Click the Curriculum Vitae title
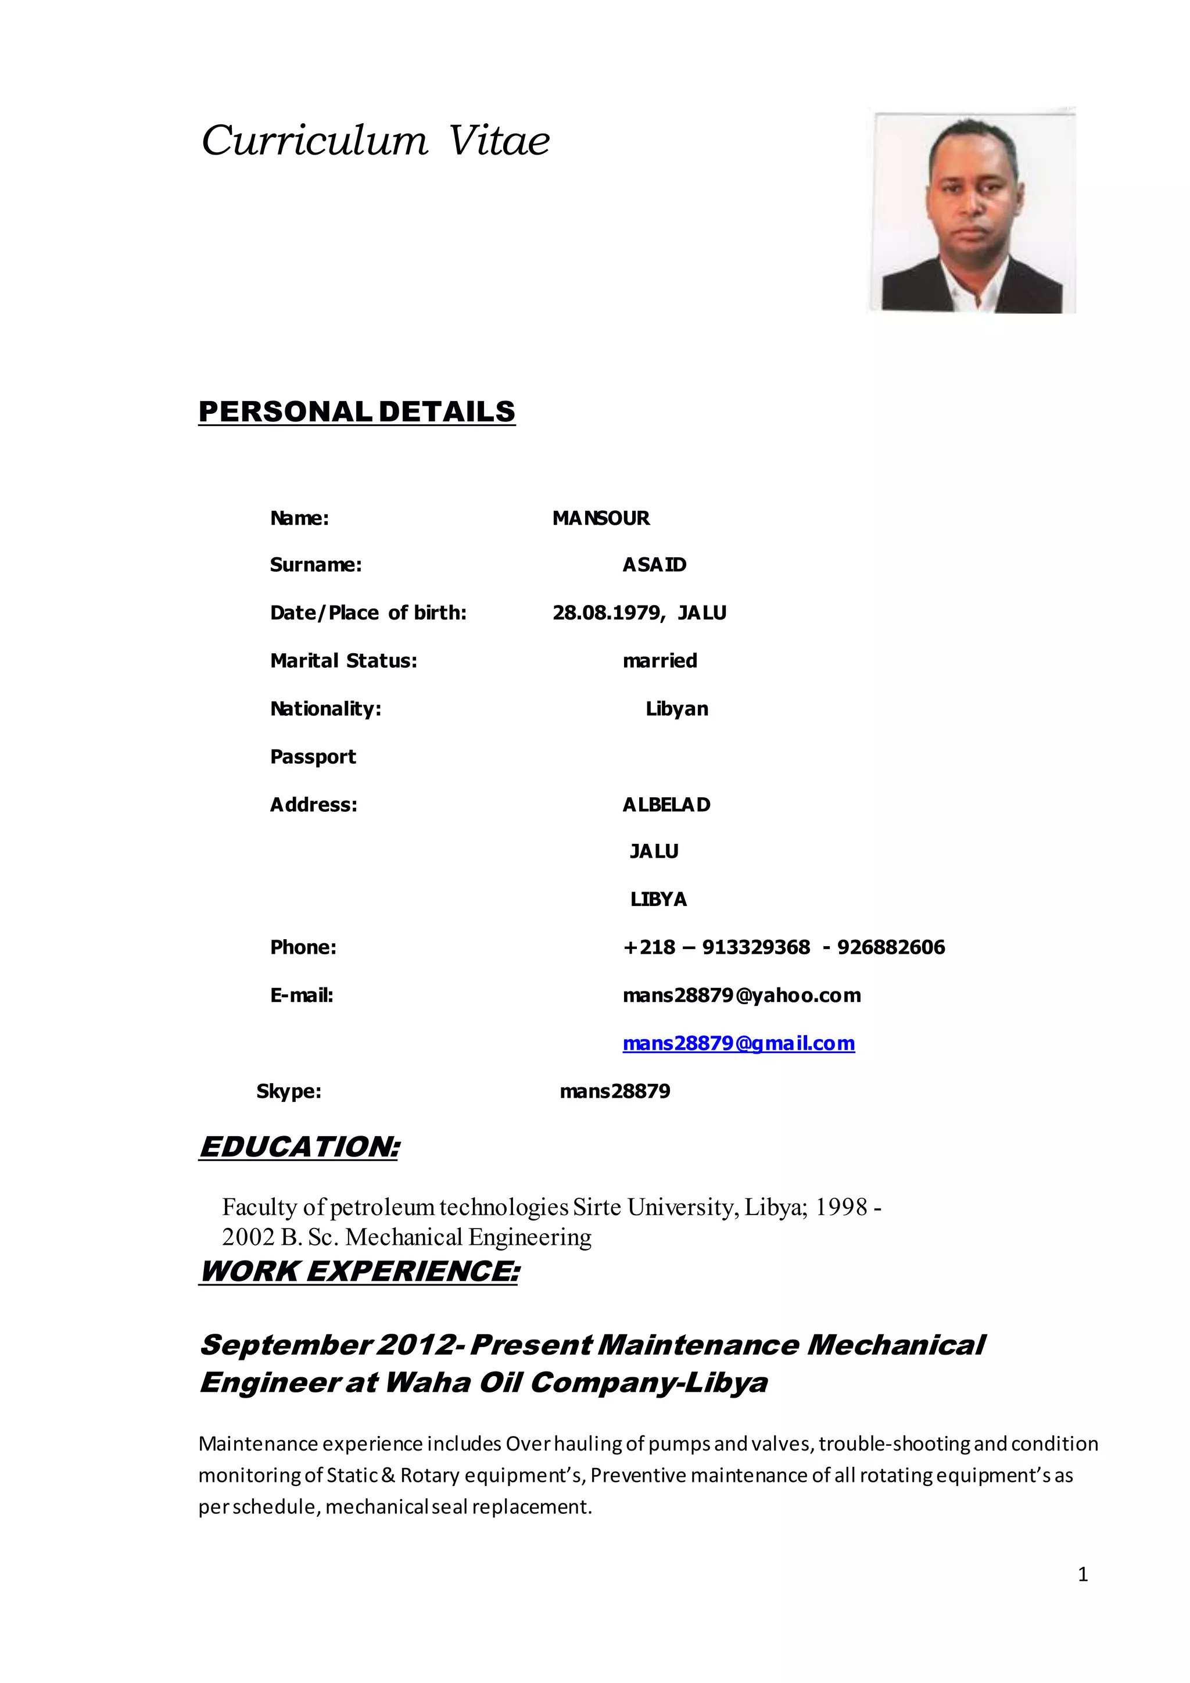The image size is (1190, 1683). coord(375,141)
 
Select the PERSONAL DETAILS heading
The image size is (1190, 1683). coord(357,412)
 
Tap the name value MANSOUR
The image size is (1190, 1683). coord(601,518)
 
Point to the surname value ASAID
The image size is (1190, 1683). coord(654,564)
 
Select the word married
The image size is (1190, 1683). coord(659,660)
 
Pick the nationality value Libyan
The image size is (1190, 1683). coord(676,709)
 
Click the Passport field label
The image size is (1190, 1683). coord(313,757)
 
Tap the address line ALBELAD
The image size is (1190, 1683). coord(666,805)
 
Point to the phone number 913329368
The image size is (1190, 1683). coord(755,947)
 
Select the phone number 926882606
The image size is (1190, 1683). coord(891,947)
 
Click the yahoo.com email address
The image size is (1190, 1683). coord(741,996)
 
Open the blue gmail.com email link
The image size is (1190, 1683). coord(739,1043)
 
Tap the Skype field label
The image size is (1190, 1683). coord(289,1091)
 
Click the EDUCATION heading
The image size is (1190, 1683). coord(300,1147)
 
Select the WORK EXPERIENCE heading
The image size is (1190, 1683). coord(359,1271)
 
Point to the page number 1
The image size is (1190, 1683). coord(1083,1574)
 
